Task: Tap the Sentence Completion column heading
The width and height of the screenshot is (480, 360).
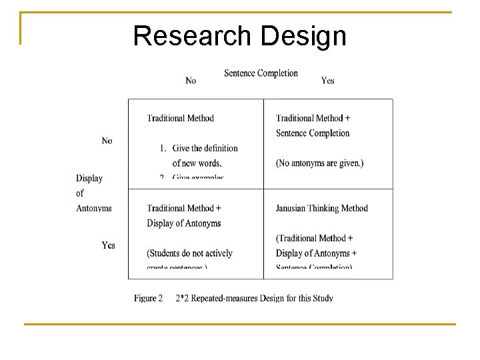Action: click(x=261, y=73)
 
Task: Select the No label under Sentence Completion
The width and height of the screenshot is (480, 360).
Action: click(x=191, y=81)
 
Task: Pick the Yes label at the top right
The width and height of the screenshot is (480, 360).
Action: click(x=327, y=81)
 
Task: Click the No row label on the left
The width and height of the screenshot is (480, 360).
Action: click(x=107, y=141)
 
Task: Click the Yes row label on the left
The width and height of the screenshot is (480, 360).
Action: click(x=108, y=245)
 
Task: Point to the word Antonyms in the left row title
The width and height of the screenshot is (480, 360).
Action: click(x=94, y=208)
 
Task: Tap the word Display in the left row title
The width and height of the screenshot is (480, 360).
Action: click(x=89, y=178)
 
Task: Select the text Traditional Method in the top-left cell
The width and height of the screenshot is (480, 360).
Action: click(x=180, y=118)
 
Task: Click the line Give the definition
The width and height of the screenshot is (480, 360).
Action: click(x=205, y=148)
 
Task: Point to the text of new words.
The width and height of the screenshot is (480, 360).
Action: click(x=197, y=163)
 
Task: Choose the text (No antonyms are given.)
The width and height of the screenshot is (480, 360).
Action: click(x=319, y=163)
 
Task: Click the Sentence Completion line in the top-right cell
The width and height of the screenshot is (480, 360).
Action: click(x=313, y=133)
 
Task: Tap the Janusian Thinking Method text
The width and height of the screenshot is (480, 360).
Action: click(x=321, y=208)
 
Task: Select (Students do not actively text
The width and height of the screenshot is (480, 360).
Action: click(x=189, y=253)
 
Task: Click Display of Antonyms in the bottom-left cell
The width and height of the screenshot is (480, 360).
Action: click(x=183, y=223)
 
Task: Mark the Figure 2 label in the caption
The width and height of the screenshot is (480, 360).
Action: click(x=148, y=298)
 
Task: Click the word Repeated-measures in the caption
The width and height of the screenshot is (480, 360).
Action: click(x=225, y=298)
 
